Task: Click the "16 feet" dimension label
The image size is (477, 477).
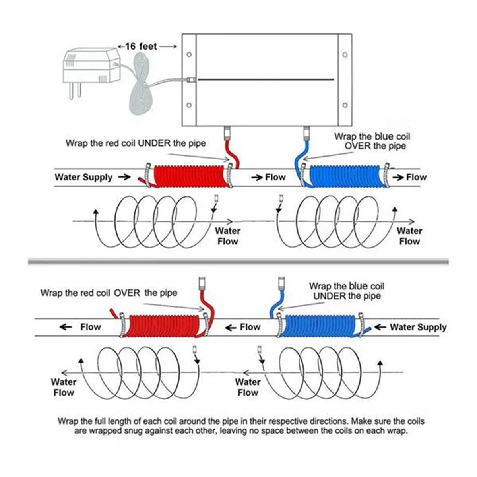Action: (x=141, y=47)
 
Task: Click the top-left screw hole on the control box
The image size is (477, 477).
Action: (x=189, y=54)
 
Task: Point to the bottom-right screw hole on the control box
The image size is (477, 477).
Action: (x=345, y=105)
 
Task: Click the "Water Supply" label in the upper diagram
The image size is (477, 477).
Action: (x=83, y=177)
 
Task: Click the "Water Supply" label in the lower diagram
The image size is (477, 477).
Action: (x=418, y=327)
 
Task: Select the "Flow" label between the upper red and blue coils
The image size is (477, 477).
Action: (x=275, y=177)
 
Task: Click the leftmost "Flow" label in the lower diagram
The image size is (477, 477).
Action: (x=91, y=327)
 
